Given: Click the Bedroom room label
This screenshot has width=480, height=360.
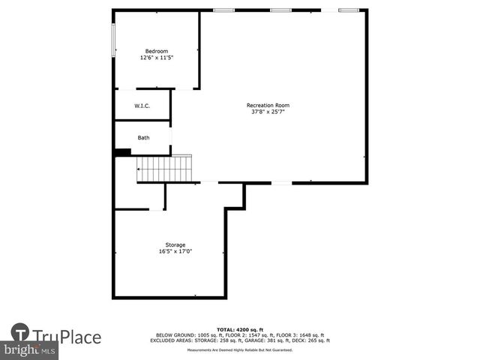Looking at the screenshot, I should click(x=156, y=51).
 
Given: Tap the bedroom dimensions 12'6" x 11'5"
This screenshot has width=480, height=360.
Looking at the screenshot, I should click(x=156, y=58).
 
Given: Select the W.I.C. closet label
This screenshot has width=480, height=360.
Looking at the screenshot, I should click(x=142, y=106).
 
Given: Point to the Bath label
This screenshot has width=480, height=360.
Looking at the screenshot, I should click(x=143, y=138).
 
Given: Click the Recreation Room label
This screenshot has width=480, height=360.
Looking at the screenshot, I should click(x=268, y=106).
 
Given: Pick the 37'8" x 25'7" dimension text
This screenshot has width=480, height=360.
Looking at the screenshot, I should click(x=268, y=112).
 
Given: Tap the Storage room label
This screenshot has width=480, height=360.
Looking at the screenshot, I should click(x=175, y=245).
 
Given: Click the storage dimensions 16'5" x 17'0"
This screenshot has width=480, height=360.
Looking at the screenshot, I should click(x=175, y=252).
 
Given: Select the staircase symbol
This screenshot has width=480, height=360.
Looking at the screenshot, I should click(x=165, y=169).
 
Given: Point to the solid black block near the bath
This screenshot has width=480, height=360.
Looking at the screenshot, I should click(x=122, y=152).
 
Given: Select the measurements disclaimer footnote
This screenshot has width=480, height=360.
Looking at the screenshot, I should click(x=240, y=350).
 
